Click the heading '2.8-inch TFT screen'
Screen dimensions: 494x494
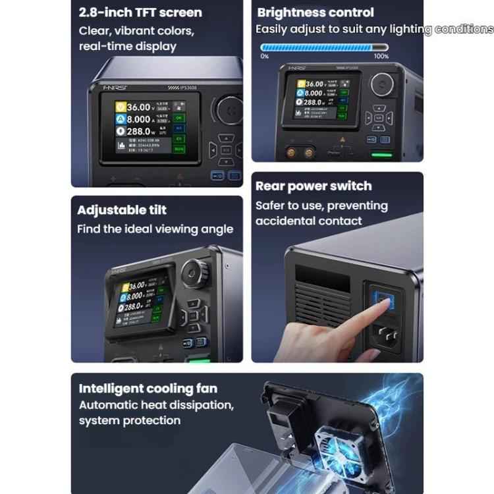coord(140,12)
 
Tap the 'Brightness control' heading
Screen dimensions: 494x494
coord(316,12)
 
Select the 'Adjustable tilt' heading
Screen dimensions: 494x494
coord(122,210)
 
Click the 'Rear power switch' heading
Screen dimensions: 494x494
coord(314,186)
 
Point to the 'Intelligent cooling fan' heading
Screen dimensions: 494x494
coord(148,389)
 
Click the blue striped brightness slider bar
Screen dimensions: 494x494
coord(325,47)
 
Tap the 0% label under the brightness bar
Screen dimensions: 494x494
coord(265,57)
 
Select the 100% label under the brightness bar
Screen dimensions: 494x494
coord(381,57)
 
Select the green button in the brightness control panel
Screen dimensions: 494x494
coord(382,156)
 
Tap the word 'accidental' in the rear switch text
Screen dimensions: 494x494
coord(285,221)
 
